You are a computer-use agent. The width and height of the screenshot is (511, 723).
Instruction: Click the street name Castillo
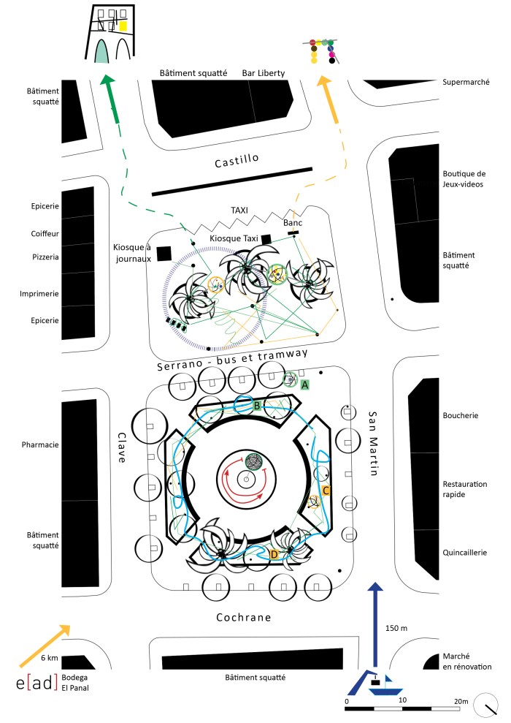coord(237,163)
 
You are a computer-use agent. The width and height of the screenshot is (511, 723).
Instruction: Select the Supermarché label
coord(466,82)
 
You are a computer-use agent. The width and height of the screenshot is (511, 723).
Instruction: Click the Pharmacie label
coord(40,445)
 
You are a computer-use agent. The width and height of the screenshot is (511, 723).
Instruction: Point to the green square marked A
coord(305,383)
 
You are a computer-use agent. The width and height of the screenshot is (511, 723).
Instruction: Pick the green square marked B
coord(257,405)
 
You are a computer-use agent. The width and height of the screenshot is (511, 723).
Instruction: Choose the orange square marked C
coord(326,491)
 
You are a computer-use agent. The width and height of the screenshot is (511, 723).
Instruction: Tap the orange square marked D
coord(274,555)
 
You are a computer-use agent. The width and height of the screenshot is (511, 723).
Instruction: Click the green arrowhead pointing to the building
coord(108,83)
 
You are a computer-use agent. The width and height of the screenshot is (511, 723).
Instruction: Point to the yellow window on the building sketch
coord(123,26)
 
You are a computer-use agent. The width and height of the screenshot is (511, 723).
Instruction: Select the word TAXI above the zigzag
coord(239,210)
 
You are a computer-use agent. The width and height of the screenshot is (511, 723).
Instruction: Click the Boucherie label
coord(460,416)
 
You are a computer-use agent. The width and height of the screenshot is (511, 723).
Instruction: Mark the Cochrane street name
coord(244,618)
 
